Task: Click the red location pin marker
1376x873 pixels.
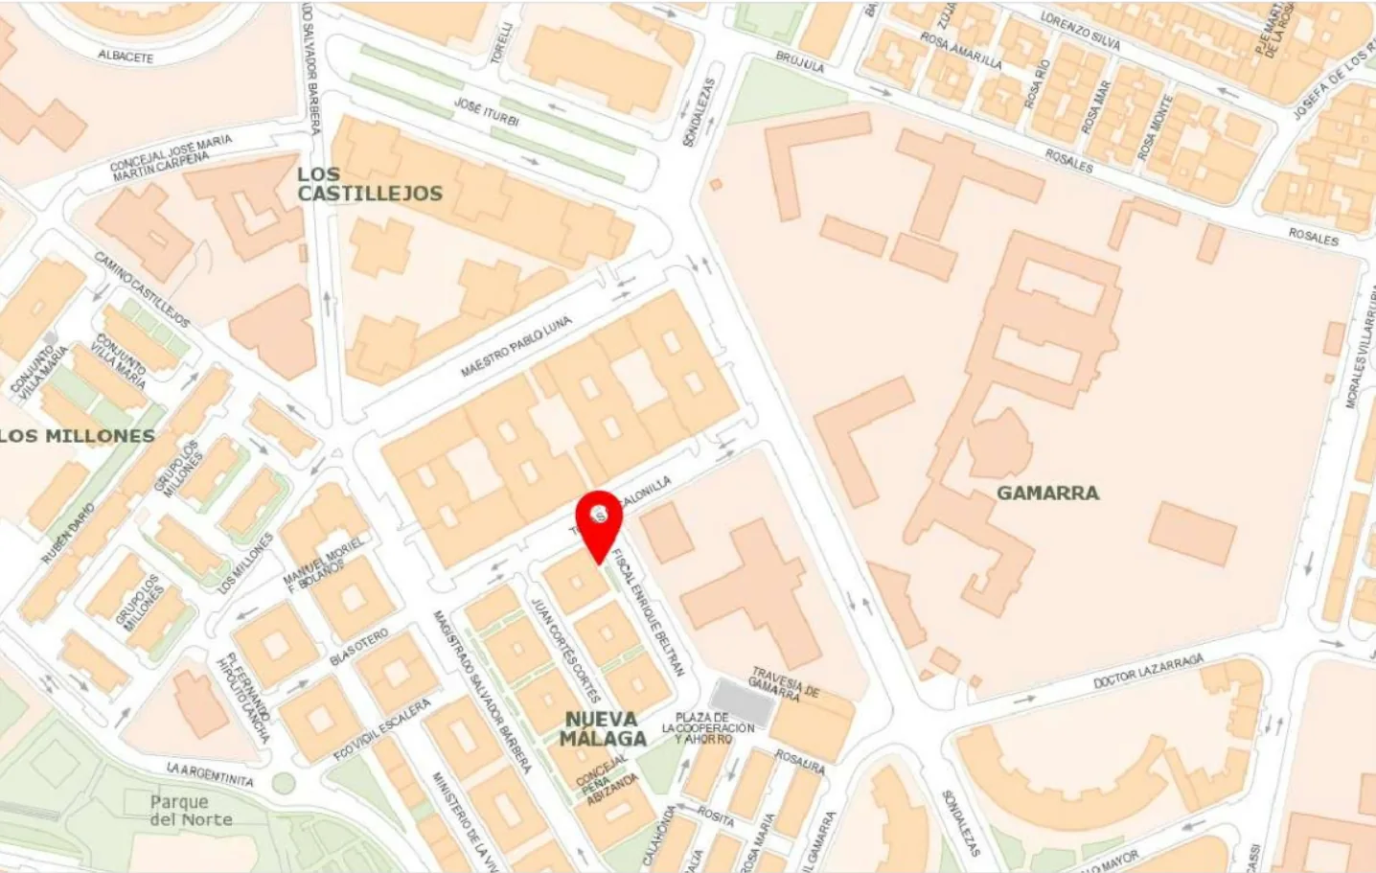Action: coord(600,518)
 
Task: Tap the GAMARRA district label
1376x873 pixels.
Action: coord(1047,493)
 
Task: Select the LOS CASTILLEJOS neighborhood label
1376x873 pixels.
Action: coord(369,184)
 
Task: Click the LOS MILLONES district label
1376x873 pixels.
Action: coord(78,436)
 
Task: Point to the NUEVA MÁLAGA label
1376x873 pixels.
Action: coord(603,728)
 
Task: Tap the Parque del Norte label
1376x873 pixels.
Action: coord(191,811)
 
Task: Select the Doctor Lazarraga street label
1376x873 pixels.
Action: coord(1148,671)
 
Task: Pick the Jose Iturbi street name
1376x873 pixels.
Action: coord(486,112)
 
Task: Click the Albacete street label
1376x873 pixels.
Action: coord(126,56)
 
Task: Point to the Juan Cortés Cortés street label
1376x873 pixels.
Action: coord(565,649)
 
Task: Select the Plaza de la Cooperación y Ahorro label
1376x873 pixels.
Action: coord(708,728)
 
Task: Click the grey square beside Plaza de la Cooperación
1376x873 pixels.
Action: coord(742,701)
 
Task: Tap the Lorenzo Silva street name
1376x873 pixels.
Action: coord(1080,29)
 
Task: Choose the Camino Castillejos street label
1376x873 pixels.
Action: coord(142,288)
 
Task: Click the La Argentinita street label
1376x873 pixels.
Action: coord(210,774)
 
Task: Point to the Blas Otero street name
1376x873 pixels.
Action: coord(359,647)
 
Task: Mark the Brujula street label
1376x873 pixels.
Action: coord(800,62)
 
